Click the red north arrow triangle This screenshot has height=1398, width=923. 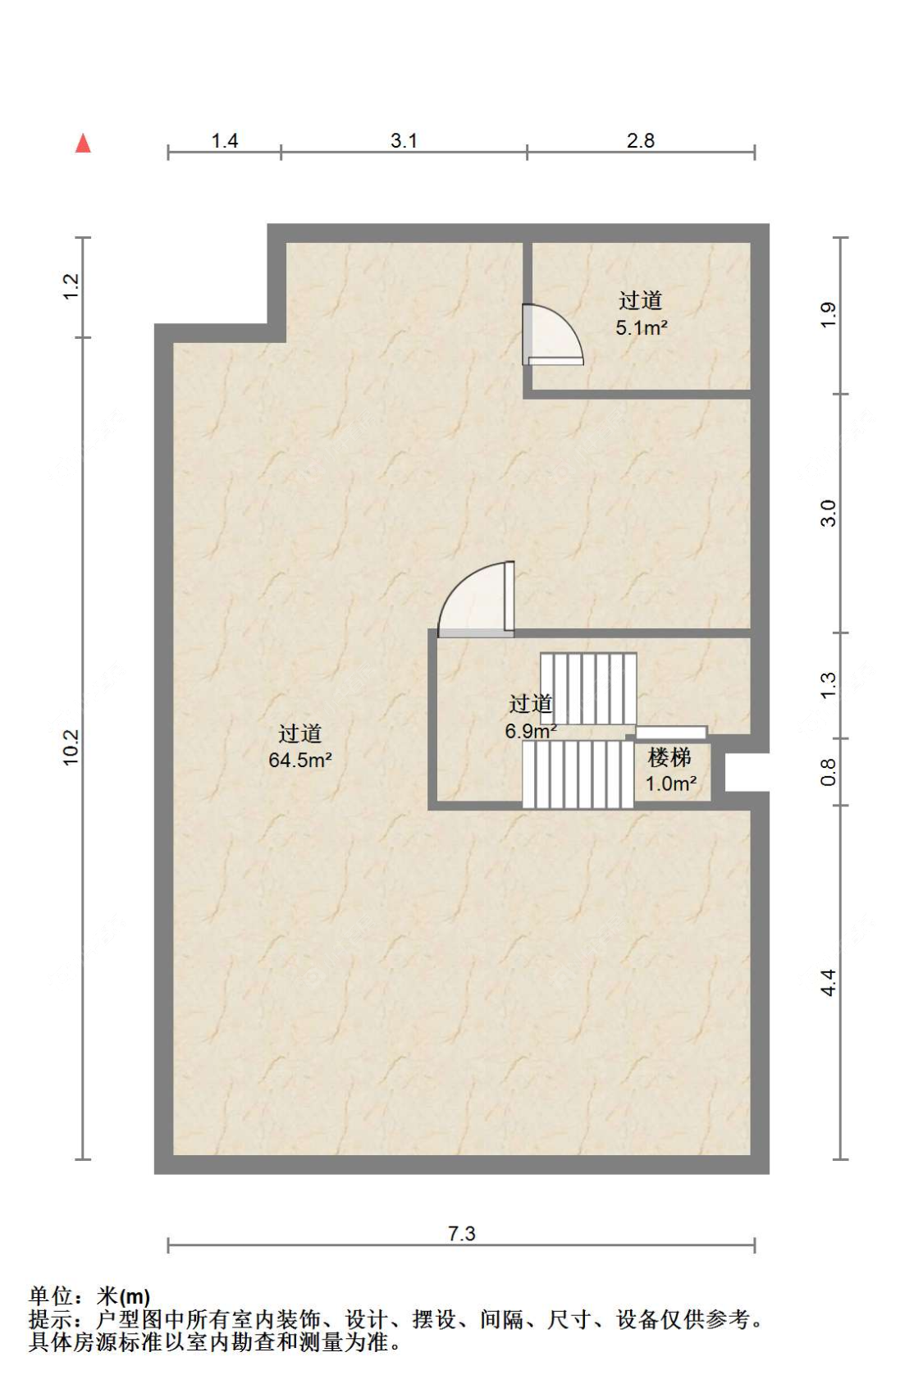[83, 144]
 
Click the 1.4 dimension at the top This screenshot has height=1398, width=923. [224, 140]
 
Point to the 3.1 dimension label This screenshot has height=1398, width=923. [404, 140]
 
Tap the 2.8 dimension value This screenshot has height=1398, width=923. [640, 140]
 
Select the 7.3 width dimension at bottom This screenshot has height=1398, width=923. [462, 1233]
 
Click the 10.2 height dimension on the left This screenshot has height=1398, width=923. [71, 747]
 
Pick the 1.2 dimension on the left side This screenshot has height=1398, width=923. [71, 286]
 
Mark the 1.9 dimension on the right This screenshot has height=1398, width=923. [828, 315]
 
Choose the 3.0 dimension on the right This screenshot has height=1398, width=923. [828, 514]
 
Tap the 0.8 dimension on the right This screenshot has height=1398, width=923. [828, 772]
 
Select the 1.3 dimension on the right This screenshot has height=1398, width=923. [828, 686]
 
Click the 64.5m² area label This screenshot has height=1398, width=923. [299, 761]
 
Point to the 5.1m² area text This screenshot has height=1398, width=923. [642, 327]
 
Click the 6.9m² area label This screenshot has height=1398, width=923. [531, 731]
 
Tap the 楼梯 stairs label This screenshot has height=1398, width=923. [669, 758]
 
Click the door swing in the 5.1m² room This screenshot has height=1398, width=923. [553, 335]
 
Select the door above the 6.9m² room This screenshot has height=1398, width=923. [476, 599]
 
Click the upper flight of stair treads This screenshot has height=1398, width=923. [588, 688]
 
